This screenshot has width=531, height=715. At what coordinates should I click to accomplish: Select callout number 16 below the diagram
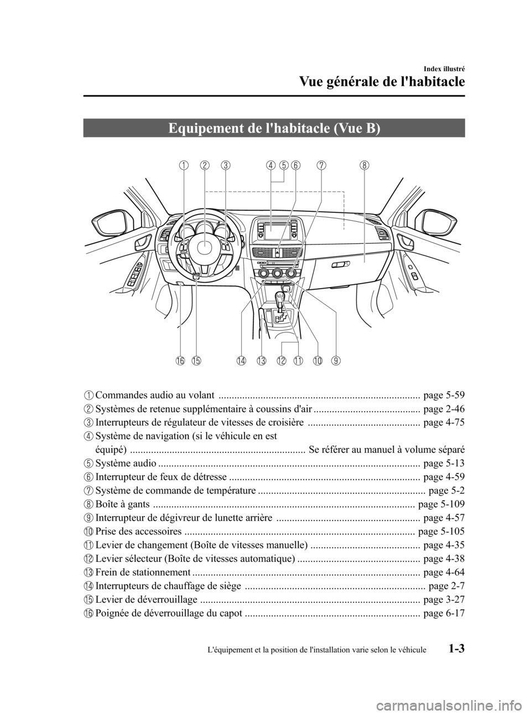click(x=180, y=361)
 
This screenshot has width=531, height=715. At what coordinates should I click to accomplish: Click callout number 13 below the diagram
click(x=262, y=361)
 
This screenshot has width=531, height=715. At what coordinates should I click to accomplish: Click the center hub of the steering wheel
click(x=202, y=248)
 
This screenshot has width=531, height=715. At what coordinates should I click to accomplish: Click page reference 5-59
click(x=442, y=395)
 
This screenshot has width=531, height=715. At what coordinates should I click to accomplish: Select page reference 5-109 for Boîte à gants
click(x=441, y=503)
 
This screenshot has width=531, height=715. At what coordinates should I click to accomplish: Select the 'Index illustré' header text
click(x=444, y=69)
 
